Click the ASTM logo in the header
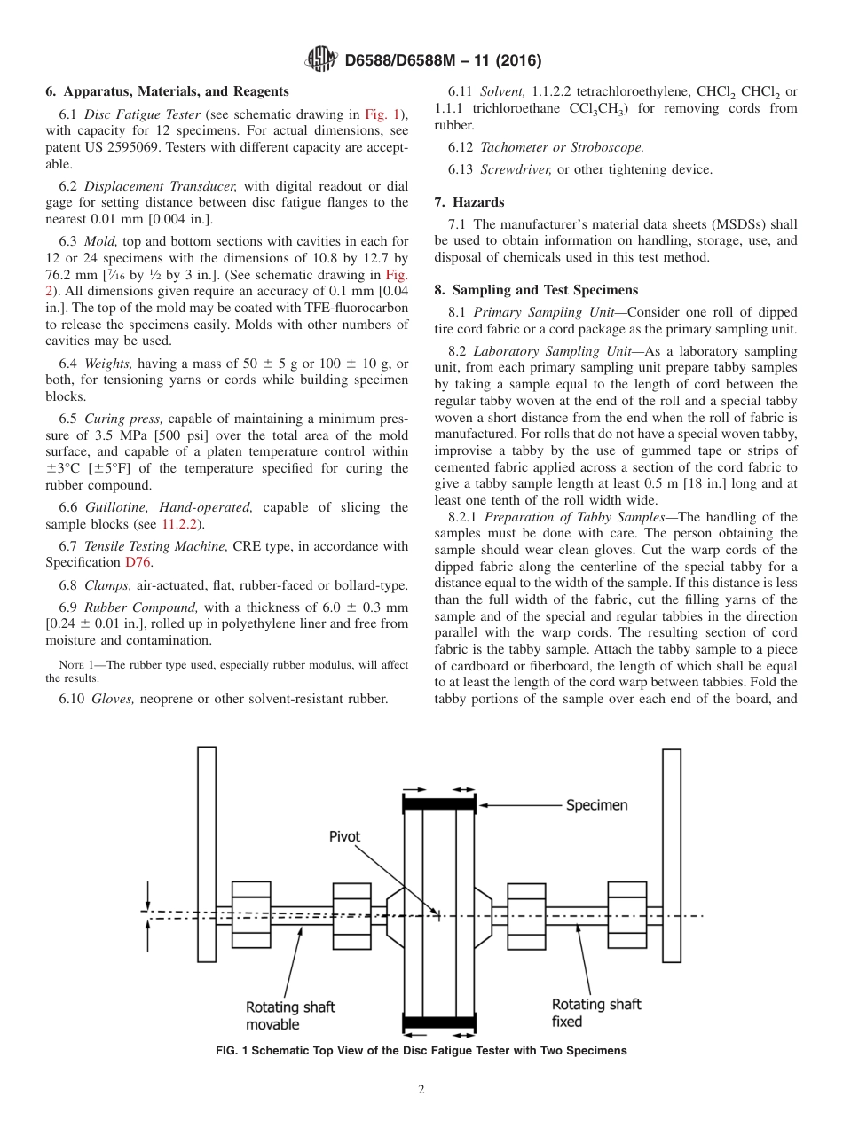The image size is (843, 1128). click(320, 60)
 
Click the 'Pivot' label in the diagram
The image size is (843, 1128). click(345, 836)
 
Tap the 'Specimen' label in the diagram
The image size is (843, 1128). click(596, 805)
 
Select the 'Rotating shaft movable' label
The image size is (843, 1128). click(290, 1015)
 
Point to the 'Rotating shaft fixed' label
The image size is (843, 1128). click(595, 1013)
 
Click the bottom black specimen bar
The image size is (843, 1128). click(439, 1022)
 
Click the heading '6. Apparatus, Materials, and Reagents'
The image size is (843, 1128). click(167, 91)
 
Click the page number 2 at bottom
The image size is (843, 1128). click(421, 1090)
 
